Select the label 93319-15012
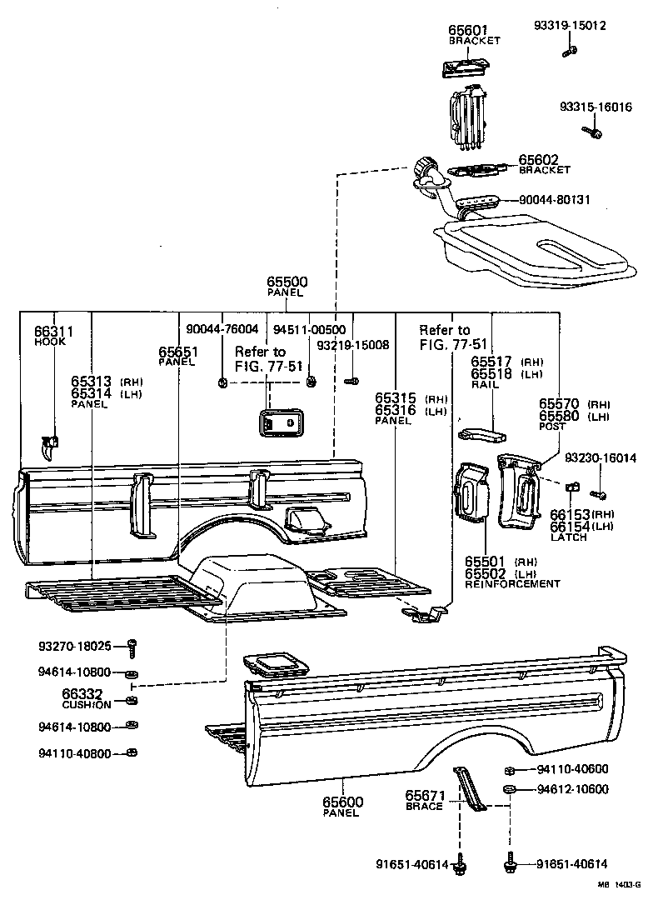point(570,26)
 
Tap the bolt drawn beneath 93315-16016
point(595,131)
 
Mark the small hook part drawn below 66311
point(49,447)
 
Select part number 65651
point(177,352)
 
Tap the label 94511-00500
point(309,329)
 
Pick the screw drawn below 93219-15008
point(351,381)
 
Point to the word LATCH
point(569,537)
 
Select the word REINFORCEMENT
point(513,584)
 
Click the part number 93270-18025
point(74,646)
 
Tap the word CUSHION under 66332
point(87,704)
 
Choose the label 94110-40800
point(74,753)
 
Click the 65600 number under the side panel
point(342,802)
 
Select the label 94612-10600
point(572,789)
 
